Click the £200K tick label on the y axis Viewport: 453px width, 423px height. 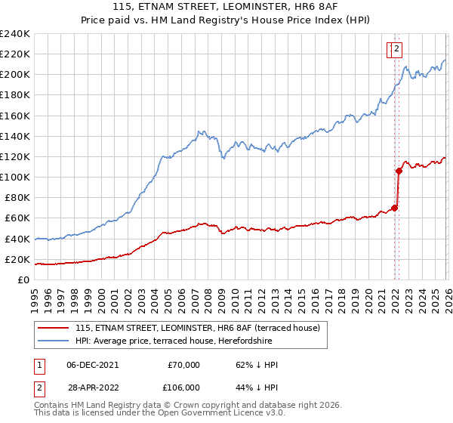point(15,75)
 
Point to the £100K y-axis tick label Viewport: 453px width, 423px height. point(15,177)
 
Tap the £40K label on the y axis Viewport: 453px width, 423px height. point(18,239)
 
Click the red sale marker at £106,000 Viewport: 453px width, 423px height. point(399,171)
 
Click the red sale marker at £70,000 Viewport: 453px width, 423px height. point(394,208)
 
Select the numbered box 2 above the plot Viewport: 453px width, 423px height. point(397,51)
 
